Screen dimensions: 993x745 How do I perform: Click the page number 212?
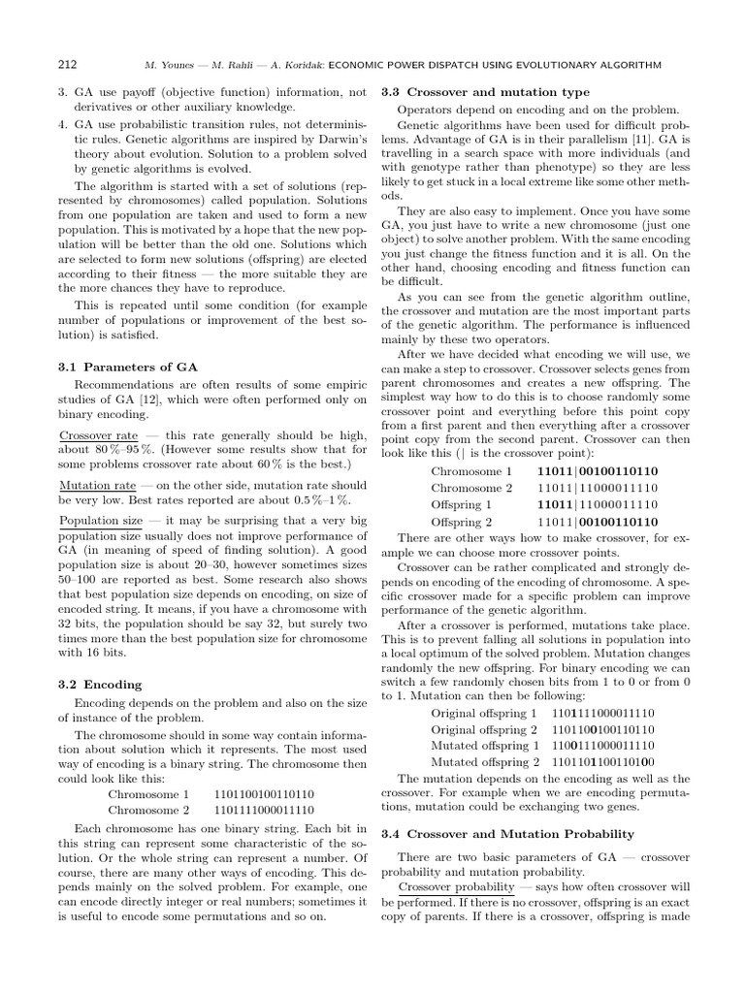coord(68,65)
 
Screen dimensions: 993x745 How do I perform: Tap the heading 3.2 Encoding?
coord(100,685)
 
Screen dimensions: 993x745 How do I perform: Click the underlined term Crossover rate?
coord(98,436)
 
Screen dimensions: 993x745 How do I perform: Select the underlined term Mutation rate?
coord(97,484)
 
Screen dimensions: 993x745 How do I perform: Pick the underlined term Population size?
coord(101,522)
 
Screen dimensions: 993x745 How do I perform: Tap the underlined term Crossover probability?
coord(456,887)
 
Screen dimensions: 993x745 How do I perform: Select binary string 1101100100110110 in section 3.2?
coord(264,793)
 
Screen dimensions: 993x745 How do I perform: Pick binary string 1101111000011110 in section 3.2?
coord(264,810)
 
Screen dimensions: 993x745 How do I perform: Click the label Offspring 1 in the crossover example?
coord(462,505)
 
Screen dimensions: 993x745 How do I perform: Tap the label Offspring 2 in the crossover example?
coord(462,522)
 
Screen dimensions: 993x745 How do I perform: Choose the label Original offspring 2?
coord(484,729)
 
